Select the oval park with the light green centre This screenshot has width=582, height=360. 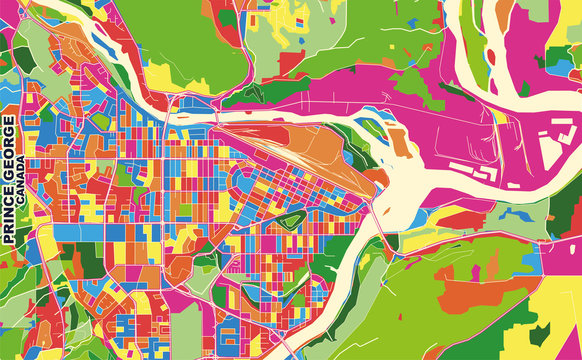(x=289, y=220)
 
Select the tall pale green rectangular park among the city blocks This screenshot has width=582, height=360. (x=186, y=330)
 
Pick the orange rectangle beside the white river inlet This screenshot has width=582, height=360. (x=399, y=141)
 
